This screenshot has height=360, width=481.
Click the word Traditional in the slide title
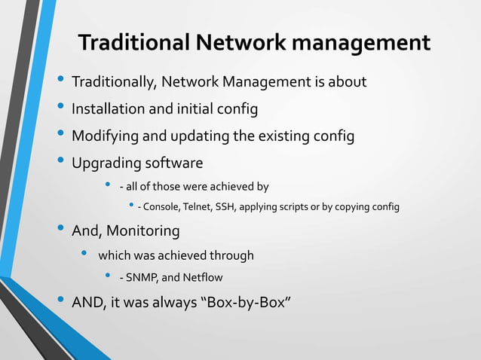132,43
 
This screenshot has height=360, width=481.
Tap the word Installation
108,109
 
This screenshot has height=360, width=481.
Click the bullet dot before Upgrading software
60,162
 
